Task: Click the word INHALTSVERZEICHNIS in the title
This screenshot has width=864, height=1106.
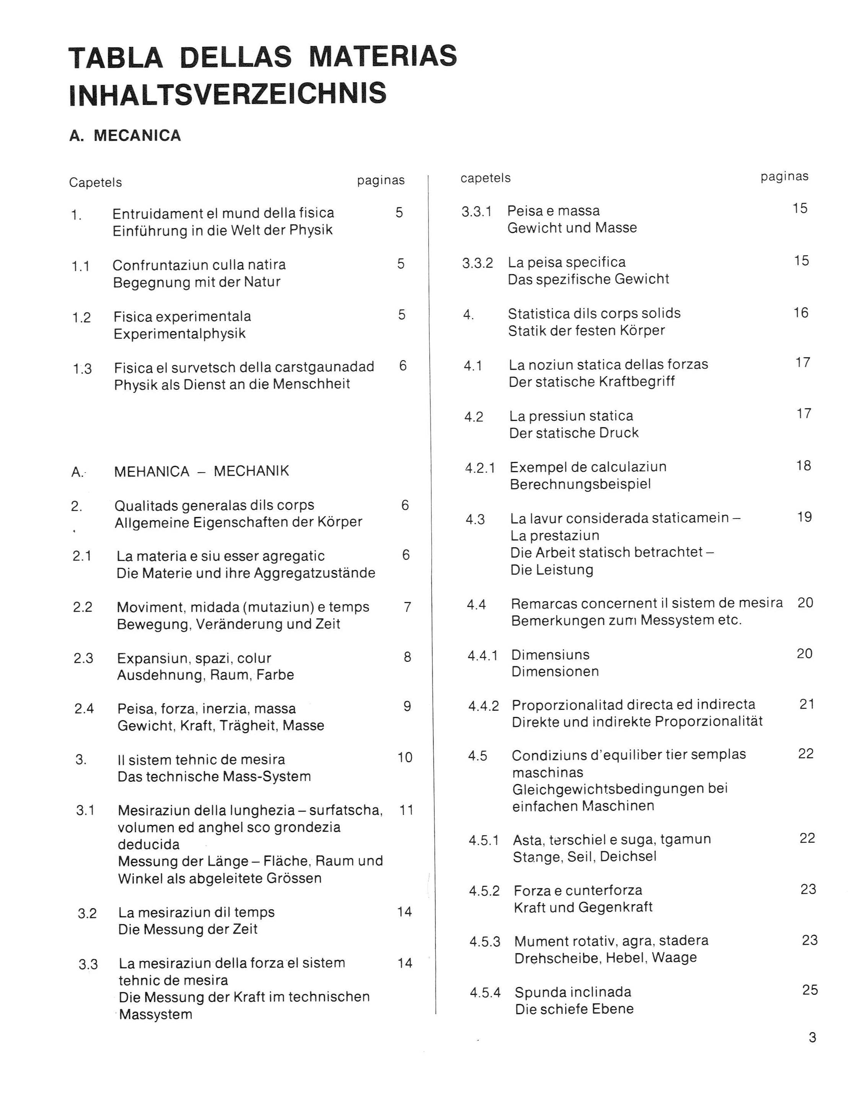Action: click(x=228, y=94)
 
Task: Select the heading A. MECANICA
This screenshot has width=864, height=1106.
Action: click(x=125, y=136)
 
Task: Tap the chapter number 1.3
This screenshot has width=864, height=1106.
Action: click(x=82, y=368)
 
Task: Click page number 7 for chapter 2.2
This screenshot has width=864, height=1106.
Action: click(x=407, y=607)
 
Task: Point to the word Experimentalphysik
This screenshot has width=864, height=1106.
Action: click(x=179, y=334)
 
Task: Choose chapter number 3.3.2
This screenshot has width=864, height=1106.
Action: click(x=477, y=263)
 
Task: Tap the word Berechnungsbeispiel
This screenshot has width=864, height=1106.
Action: click(x=580, y=484)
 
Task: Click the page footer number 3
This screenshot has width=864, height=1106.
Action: click(x=812, y=1037)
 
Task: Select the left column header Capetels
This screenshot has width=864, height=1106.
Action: click(x=95, y=182)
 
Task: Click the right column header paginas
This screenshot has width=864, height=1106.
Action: click(x=784, y=177)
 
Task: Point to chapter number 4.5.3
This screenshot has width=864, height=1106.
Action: click(x=485, y=941)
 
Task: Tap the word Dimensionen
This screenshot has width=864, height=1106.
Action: click(x=555, y=672)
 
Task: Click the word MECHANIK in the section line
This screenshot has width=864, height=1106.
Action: click(x=251, y=471)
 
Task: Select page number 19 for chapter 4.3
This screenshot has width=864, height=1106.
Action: click(x=804, y=517)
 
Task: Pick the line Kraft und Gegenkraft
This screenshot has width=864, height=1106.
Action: click(x=583, y=907)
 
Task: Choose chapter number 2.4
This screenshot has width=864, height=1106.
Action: click(x=84, y=708)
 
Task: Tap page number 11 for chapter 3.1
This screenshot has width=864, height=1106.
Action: click(x=406, y=810)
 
